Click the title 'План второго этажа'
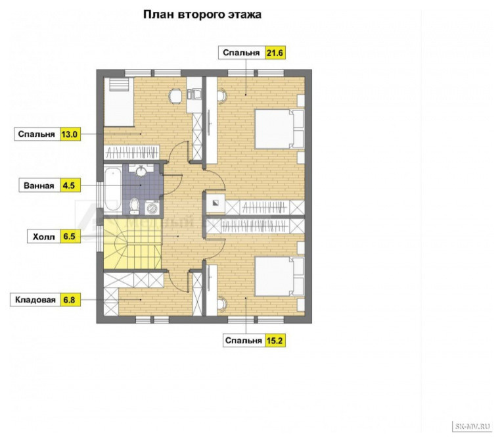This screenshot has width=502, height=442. [202, 14]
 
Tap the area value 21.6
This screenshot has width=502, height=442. [275, 53]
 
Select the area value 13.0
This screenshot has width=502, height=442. [70, 134]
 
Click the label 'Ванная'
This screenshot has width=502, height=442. [39, 185]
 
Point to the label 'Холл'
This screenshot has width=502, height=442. [44, 237]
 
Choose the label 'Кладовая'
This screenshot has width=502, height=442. [35, 300]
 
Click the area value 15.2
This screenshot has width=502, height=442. [275, 341]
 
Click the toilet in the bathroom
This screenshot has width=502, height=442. [134, 206]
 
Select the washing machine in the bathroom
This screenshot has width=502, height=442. [152, 207]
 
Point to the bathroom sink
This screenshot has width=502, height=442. [141, 170]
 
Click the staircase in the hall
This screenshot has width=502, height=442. [132, 243]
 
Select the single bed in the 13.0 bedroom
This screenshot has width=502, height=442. [119, 101]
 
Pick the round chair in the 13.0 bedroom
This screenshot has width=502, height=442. [175, 96]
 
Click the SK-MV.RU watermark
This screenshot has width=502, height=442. [472, 426]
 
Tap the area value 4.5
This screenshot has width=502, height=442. [69, 185]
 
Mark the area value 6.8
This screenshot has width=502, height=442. [69, 300]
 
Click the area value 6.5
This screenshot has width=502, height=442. [69, 237]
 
